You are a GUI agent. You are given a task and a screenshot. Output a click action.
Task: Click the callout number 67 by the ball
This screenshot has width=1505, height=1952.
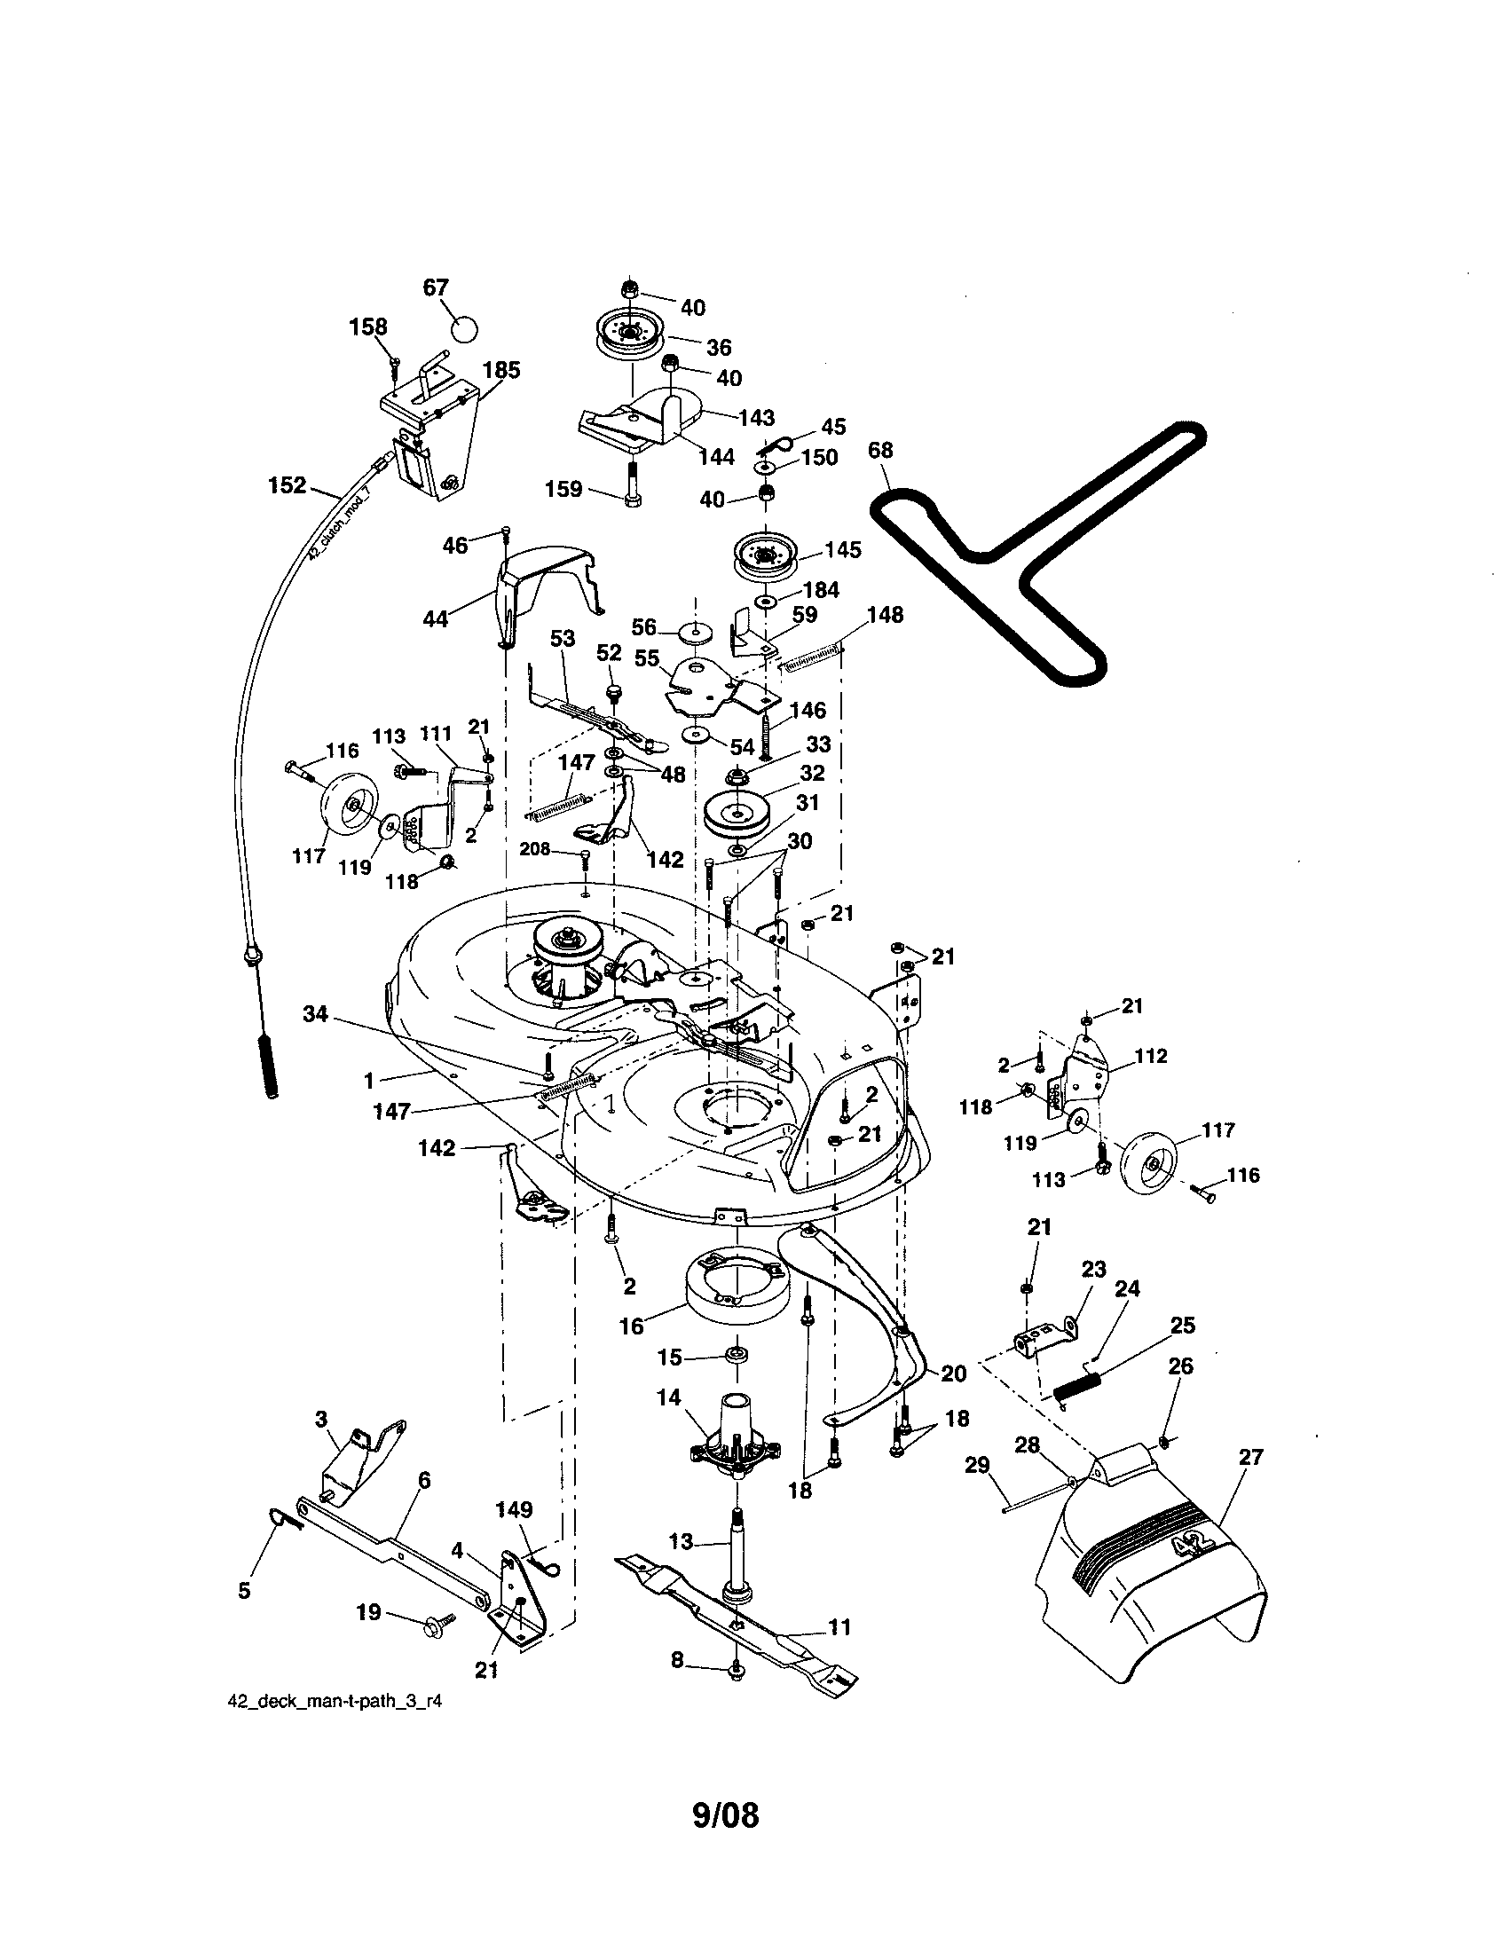point(435,287)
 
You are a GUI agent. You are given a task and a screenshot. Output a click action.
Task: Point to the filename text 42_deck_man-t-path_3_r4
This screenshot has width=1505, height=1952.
point(335,1702)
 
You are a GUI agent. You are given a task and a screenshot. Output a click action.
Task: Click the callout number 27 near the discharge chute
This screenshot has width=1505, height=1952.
point(1251,1457)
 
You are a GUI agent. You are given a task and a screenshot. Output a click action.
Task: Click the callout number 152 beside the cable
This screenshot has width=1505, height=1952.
point(287,485)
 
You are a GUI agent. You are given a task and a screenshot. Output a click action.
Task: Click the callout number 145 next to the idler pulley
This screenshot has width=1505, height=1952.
point(843,550)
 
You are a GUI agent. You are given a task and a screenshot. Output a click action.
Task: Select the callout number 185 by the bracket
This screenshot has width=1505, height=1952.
point(501,370)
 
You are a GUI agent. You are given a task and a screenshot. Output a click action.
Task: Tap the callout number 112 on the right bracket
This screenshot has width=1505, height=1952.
point(1151,1056)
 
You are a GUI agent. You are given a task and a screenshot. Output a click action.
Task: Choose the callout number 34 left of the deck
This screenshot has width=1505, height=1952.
point(316,1013)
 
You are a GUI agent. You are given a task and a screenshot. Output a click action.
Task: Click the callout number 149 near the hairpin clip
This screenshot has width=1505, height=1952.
point(514,1509)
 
